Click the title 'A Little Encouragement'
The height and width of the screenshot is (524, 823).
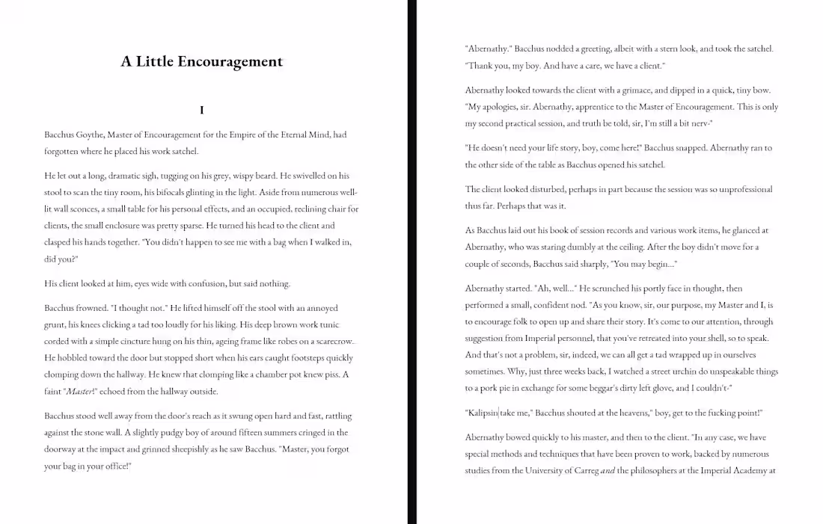[202, 61]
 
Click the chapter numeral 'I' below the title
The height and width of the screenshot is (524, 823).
[202, 111]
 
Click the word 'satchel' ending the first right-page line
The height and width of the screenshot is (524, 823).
[757, 49]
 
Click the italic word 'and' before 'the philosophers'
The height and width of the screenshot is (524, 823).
[608, 471]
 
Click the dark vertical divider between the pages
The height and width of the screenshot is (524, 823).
[412, 262]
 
